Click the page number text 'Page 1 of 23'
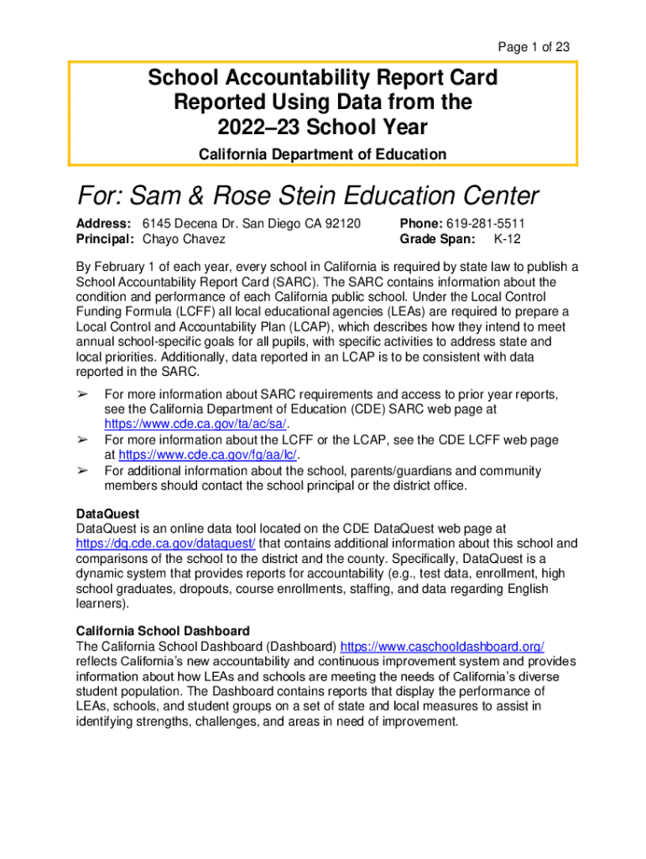pyautogui.click(x=534, y=47)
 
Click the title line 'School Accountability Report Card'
pyautogui.click(x=323, y=78)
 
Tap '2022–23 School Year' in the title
pyautogui.click(x=323, y=128)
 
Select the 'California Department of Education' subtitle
pyautogui.click(x=323, y=154)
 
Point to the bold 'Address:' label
pyautogui.click(x=103, y=224)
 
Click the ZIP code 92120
pyautogui.click(x=341, y=224)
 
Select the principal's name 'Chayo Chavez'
pyautogui.click(x=184, y=239)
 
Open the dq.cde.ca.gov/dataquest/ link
pyautogui.click(x=166, y=544)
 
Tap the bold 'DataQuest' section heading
pyautogui.click(x=107, y=513)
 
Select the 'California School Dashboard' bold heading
pyautogui.click(x=163, y=631)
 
